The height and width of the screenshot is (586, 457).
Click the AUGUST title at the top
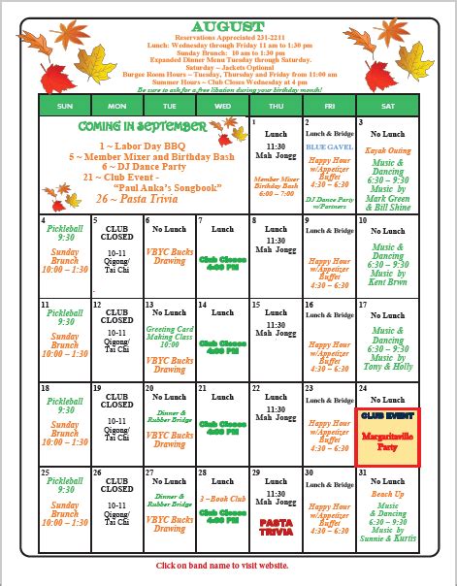[229, 25]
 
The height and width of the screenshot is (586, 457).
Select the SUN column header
[65, 105]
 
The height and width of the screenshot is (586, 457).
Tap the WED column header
[222, 105]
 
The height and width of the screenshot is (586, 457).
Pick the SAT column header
[388, 105]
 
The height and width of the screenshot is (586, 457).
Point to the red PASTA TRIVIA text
[276, 526]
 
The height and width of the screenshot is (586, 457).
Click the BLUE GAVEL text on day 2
[321, 146]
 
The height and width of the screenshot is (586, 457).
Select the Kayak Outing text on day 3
[387, 151]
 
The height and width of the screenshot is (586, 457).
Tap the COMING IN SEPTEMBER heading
[142, 127]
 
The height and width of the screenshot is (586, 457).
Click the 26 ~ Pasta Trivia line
[142, 197]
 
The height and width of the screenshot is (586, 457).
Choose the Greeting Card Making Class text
[171, 337]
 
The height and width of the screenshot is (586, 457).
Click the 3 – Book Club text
[222, 500]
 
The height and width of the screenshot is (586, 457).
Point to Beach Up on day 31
[387, 493]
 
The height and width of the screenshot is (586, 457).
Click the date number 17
[362, 305]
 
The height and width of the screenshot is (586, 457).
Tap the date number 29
[255, 472]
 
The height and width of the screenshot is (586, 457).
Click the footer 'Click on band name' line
[229, 566]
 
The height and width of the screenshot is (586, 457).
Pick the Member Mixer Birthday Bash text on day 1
[276, 187]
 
